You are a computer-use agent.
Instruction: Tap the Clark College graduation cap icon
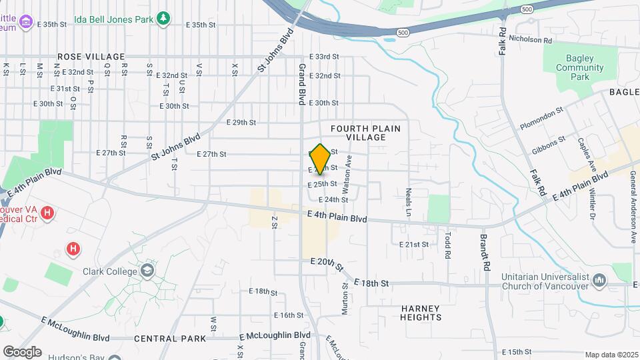coord(147,271)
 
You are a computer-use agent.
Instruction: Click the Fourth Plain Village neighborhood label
coord(358,132)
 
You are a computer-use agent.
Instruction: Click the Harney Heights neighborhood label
coord(421,313)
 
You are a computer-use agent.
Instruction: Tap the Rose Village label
coord(91,57)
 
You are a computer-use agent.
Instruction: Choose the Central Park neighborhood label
coord(170,339)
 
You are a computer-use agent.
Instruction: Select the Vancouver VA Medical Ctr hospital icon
coord(47,213)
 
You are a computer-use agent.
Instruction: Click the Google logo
coord(22,351)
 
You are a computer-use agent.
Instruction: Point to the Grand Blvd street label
coord(301,84)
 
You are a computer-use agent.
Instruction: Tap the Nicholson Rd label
coord(531,40)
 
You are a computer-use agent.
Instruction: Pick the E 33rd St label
coord(324,57)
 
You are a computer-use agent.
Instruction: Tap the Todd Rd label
coord(449,244)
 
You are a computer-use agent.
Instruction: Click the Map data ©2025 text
coord(611,355)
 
